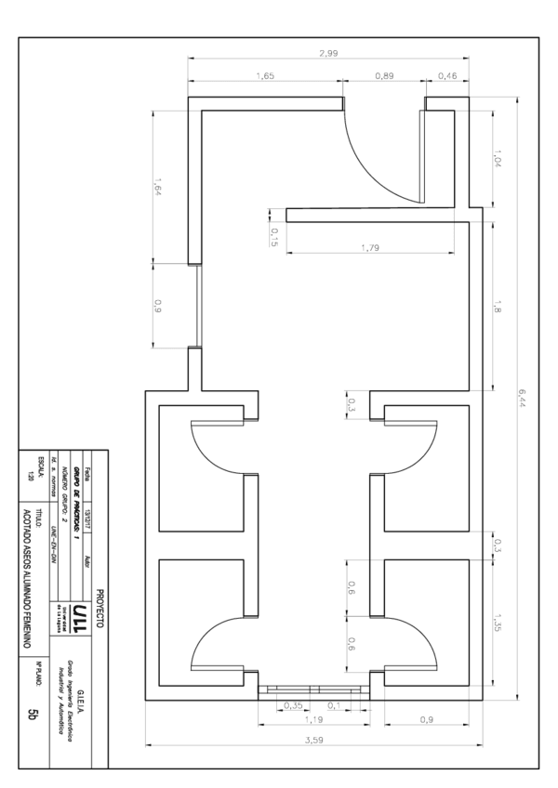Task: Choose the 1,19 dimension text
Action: pos(312,720)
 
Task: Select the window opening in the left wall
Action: pos(195,307)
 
